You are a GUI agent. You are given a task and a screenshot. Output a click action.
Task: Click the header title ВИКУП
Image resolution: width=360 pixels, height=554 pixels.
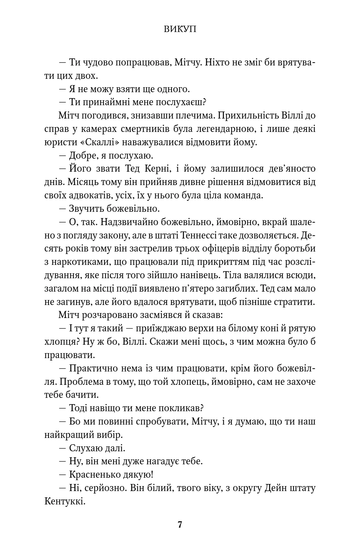point(180,30)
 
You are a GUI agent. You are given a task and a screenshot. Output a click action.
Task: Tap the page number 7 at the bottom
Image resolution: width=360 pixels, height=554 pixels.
point(180,525)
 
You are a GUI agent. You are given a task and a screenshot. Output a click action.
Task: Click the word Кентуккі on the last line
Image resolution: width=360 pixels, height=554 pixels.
point(65,501)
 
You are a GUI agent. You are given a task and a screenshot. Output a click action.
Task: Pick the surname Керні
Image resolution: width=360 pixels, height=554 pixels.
point(157,169)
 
